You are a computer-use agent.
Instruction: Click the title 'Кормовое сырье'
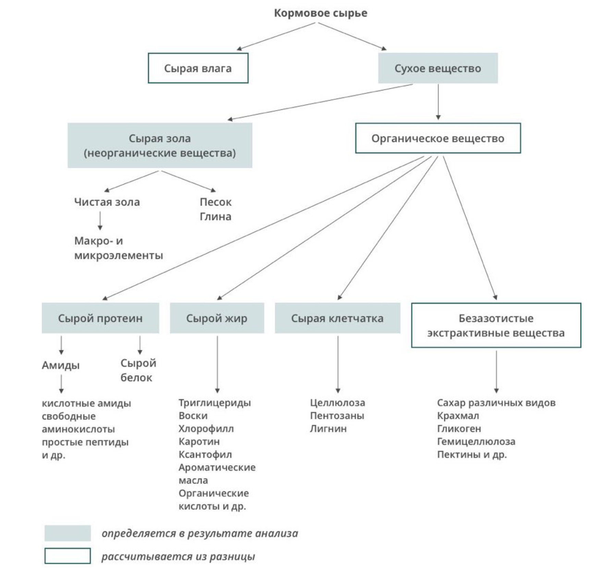[320, 13]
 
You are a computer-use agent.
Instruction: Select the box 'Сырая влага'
[198, 68]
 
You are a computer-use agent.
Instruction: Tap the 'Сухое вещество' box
[438, 68]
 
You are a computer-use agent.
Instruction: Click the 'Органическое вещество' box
[438, 138]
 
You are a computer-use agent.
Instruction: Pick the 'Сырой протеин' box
[100, 318]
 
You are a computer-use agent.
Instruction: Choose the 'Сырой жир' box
[217, 318]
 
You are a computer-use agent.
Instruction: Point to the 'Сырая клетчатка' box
[337, 318]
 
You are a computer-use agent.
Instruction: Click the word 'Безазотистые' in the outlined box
[496, 318]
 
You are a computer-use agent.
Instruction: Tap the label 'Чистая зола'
[107, 202]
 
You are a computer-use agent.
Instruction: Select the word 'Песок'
[216, 202]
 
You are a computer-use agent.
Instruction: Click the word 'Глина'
[216, 216]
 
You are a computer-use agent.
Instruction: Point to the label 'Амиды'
[61, 365]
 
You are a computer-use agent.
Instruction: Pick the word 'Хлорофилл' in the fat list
[206, 429]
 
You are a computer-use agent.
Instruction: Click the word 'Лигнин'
[328, 429]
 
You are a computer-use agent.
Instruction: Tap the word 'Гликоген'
[459, 429]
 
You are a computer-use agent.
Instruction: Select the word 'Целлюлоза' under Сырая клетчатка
[337, 402]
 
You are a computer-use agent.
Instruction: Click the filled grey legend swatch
[67, 533]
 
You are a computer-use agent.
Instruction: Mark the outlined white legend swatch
[67, 556]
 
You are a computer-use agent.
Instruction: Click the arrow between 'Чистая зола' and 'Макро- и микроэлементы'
[100, 221]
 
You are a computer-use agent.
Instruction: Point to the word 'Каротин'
[199, 442]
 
